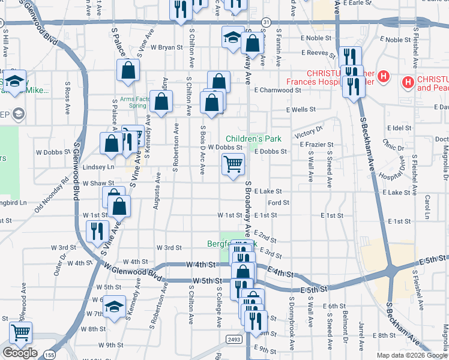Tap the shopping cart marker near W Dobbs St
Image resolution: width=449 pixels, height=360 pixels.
tap(233, 164)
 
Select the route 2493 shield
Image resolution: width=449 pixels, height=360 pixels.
tap(234, 339)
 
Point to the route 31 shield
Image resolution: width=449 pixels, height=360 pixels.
tap(267, 22)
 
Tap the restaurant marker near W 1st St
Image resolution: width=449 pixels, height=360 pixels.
tap(97, 230)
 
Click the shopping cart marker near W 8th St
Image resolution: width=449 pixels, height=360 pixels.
tap(20, 332)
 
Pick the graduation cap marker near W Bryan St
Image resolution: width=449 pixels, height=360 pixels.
tap(232, 37)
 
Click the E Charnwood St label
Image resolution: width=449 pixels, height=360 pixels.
tap(277, 90)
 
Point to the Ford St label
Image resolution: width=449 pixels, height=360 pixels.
tap(279, 203)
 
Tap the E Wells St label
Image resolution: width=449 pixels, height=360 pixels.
tap(301, 110)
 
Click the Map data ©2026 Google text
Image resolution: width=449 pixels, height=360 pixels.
tap(412, 355)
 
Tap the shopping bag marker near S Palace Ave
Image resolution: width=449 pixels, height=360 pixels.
tap(128, 71)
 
